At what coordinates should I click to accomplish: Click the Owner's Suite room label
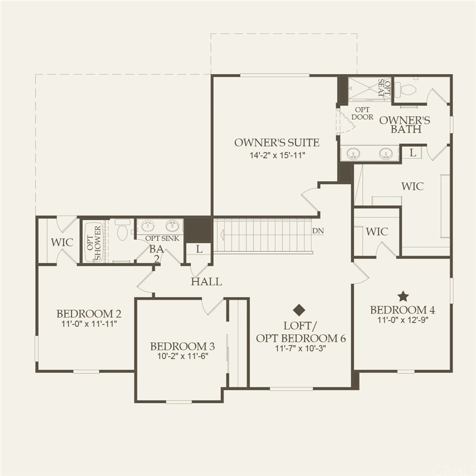click(277, 142)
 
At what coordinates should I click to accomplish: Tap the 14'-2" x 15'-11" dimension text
click(277, 155)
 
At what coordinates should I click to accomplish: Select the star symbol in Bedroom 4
click(403, 296)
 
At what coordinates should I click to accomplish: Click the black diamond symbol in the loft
click(299, 309)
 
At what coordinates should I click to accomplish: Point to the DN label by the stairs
click(318, 230)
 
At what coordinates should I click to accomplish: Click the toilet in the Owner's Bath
click(408, 88)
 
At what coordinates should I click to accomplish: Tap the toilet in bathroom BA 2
click(122, 229)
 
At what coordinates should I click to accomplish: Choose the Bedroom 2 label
click(89, 313)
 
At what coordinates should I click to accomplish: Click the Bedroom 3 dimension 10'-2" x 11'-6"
click(183, 356)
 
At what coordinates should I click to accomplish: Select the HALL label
click(206, 282)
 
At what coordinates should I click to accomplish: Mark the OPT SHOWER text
click(94, 243)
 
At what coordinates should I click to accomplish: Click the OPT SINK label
click(162, 239)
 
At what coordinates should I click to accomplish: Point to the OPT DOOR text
click(363, 113)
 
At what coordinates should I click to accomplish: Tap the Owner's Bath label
click(405, 125)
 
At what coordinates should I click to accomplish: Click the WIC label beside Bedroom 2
click(62, 242)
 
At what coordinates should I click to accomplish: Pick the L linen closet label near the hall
click(199, 249)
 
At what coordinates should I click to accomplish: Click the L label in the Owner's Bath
click(413, 153)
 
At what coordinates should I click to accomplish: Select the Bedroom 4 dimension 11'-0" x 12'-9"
click(403, 320)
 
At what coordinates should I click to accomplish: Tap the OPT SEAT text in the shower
click(385, 88)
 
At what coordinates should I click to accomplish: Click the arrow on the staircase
click(222, 235)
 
